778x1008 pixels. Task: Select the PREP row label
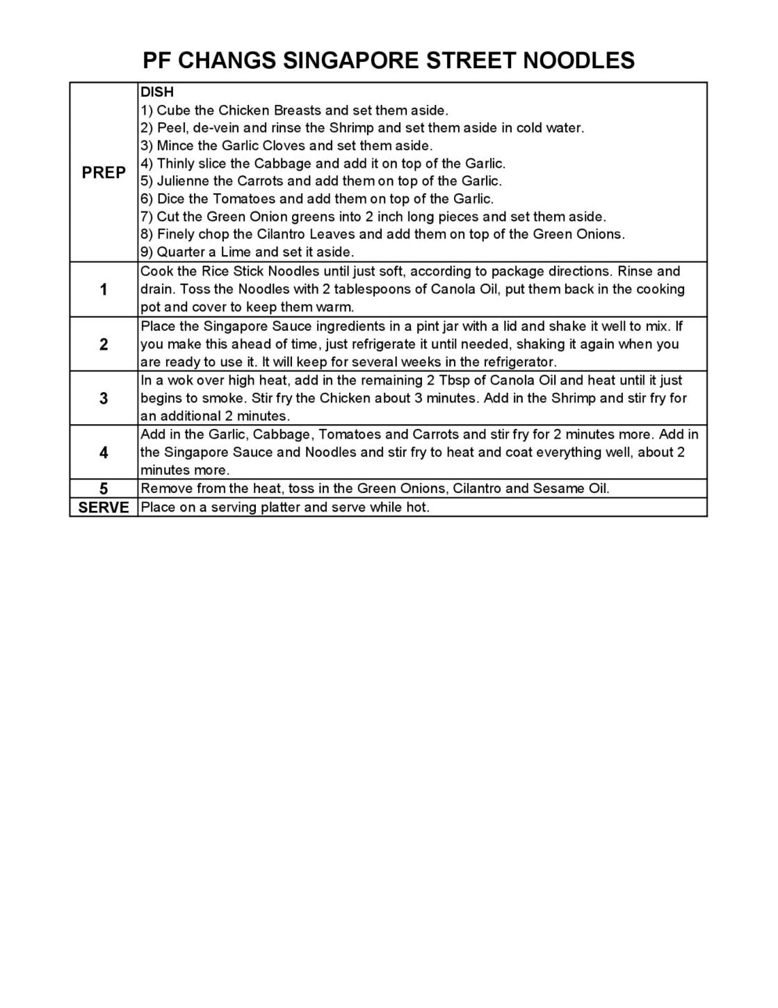tap(104, 172)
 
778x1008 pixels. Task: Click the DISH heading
tap(157, 92)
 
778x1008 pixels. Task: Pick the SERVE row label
tap(104, 507)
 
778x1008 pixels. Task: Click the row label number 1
tap(104, 290)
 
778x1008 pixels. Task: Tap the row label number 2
tap(104, 344)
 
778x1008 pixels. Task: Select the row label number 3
tap(104, 398)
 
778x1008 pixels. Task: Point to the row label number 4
tap(104, 453)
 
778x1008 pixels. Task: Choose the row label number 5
tap(104, 488)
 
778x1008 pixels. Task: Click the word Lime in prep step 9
tap(236, 252)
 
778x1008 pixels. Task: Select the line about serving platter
tap(285, 507)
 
